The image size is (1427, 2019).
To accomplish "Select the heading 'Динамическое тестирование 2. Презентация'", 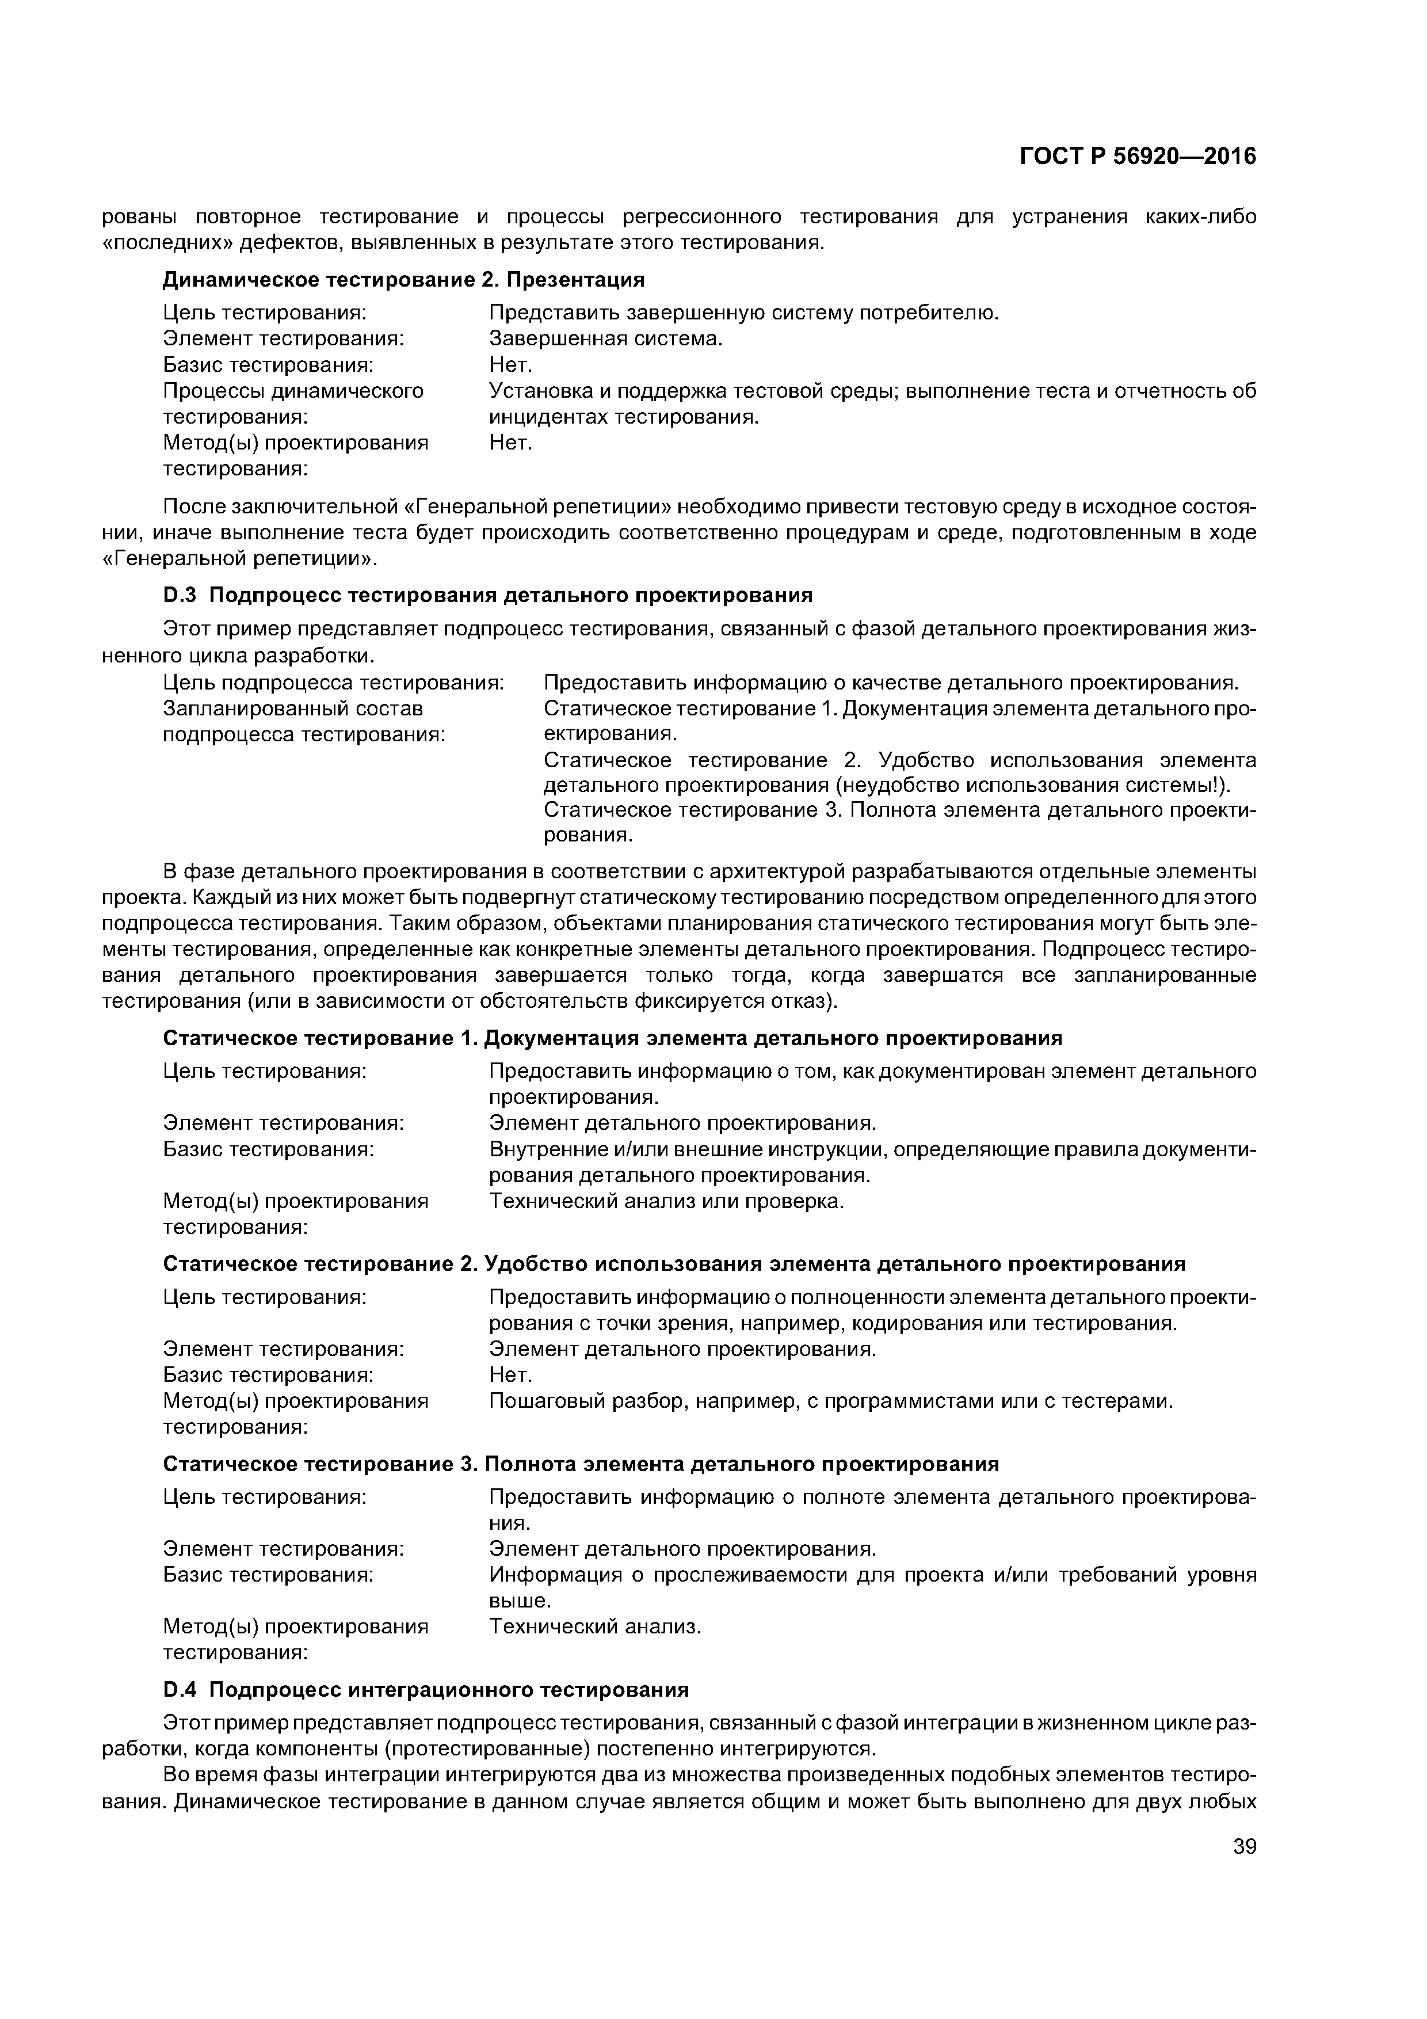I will click(x=403, y=280).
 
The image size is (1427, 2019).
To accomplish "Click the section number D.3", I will click(x=182, y=595).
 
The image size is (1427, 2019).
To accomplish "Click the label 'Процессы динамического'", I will click(x=293, y=390).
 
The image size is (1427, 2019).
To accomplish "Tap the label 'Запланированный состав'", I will click(x=293, y=708).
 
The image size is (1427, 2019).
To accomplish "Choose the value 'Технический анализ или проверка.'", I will click(x=666, y=1201).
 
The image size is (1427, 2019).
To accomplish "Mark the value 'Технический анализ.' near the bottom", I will click(x=595, y=1627).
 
